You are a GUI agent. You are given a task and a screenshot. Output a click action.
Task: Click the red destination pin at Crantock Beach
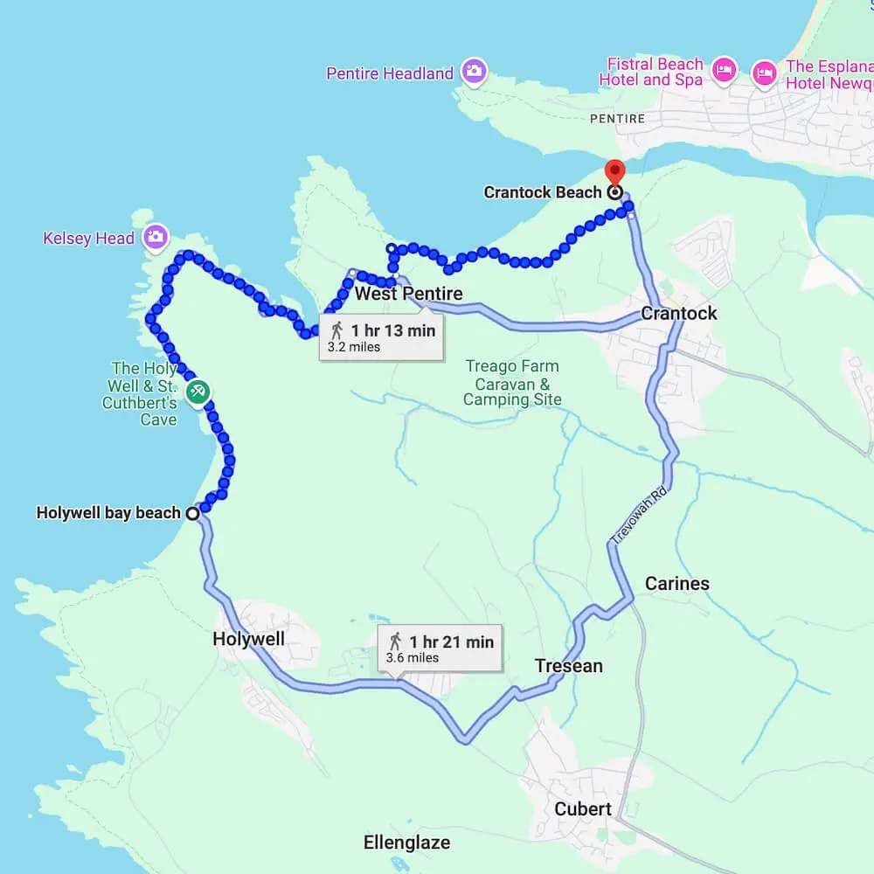[x=614, y=172]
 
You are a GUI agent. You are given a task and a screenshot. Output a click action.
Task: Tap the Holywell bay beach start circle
[x=191, y=514]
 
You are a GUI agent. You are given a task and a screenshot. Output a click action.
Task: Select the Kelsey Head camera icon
[x=156, y=236]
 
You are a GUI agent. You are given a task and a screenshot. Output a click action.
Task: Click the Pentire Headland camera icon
[x=474, y=72]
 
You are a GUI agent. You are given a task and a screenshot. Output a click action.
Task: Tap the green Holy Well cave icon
[x=198, y=392]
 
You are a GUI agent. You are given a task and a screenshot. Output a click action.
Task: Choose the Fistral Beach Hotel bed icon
[x=724, y=71]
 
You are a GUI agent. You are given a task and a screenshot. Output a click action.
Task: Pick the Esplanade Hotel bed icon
[x=765, y=72]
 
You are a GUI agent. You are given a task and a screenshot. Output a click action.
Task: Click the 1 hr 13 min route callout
[x=381, y=336]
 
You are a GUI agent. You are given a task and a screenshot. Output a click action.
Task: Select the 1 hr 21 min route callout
[x=440, y=648]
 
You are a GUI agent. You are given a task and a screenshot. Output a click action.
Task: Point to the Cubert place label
[x=583, y=808]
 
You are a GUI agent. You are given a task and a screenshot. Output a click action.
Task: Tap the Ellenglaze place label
[x=407, y=843]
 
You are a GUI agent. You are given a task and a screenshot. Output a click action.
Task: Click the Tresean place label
[x=569, y=666]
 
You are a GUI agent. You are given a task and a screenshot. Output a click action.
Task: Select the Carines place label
[x=677, y=583]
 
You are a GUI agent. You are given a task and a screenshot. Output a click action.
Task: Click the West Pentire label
[x=409, y=294]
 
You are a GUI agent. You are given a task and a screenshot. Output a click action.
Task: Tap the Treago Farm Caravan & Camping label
[x=512, y=383]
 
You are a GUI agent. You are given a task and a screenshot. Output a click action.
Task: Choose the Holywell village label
[x=249, y=639]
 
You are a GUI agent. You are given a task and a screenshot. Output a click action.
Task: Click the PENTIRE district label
[x=617, y=118]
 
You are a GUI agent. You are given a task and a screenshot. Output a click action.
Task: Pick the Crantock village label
[x=679, y=313]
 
